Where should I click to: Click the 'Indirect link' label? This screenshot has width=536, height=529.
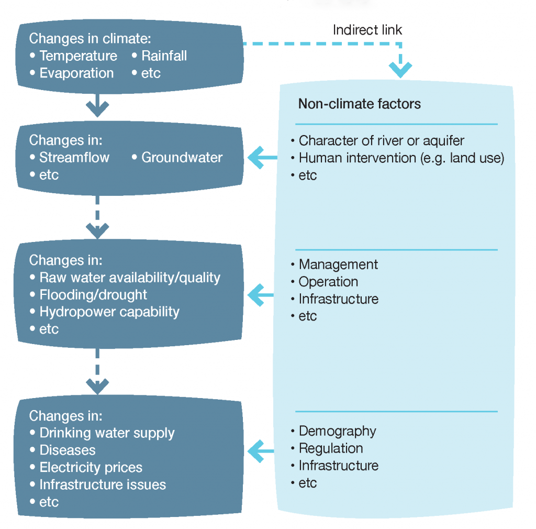367,30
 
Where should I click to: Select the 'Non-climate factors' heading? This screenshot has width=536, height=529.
359,104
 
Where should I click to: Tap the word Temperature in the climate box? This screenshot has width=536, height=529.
78,56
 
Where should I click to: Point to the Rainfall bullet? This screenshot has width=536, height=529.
164,56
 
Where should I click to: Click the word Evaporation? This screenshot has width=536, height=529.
76,73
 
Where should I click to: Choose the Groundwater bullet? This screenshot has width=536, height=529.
182,157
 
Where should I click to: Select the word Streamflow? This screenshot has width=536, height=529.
74,157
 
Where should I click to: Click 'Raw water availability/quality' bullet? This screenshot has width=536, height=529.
130,277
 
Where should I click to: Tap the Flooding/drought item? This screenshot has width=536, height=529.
93,294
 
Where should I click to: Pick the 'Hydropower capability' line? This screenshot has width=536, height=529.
109,312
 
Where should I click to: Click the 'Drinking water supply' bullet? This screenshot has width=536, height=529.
107,433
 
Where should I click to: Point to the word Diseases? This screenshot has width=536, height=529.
67,450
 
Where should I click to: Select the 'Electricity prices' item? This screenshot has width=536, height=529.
91,467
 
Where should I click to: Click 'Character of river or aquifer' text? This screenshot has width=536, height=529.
381,140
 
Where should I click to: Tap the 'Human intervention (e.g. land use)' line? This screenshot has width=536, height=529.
401,158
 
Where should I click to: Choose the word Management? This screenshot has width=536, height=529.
338,264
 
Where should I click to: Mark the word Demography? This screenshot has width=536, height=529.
337,431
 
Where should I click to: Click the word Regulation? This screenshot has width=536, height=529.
330,448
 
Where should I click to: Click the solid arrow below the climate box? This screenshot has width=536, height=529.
97,105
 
